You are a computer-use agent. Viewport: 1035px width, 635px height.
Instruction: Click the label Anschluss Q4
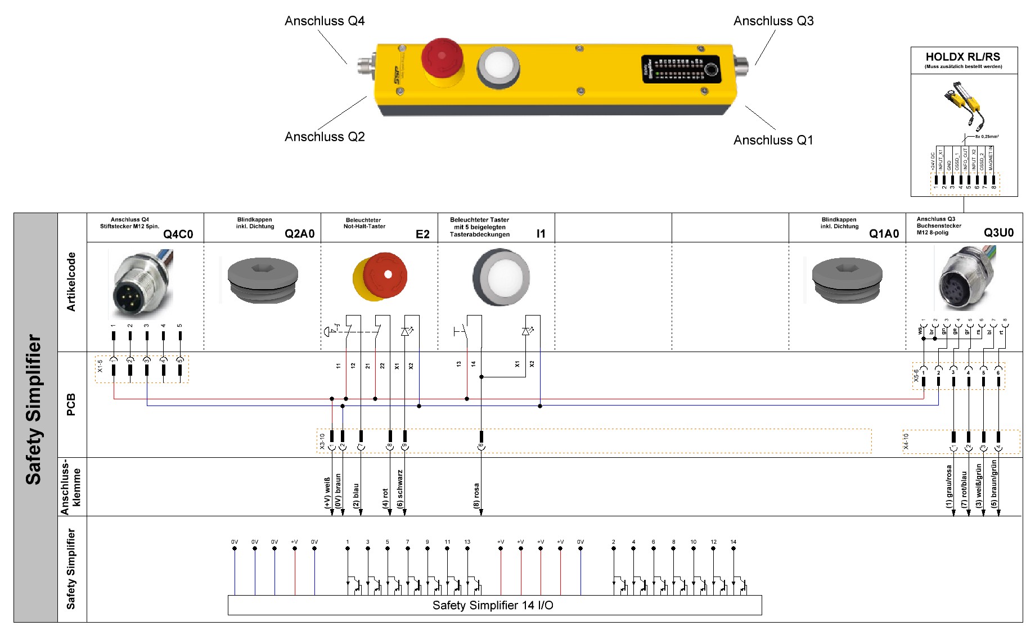click(325, 21)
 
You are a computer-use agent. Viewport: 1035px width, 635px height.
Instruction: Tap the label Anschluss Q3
click(773, 21)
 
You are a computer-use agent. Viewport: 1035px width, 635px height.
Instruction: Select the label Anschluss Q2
click(325, 137)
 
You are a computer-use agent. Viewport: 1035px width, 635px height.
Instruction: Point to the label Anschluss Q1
click(773, 140)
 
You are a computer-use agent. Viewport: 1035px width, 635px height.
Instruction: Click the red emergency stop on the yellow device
click(442, 58)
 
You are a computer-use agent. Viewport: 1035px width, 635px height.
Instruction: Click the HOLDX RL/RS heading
click(963, 57)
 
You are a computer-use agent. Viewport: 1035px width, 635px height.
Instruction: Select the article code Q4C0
click(178, 234)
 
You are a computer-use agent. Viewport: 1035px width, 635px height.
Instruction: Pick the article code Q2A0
click(299, 234)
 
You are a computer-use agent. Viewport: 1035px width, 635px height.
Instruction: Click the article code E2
click(422, 234)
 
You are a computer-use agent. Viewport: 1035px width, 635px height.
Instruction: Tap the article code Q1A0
click(884, 234)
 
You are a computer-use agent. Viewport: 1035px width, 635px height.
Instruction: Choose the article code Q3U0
click(998, 233)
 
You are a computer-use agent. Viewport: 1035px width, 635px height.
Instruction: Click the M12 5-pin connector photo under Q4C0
click(141, 285)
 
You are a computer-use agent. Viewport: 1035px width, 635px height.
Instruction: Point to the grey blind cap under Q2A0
click(263, 280)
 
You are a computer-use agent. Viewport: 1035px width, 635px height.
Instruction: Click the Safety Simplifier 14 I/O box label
click(493, 605)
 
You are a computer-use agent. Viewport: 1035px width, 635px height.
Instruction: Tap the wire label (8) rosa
click(476, 495)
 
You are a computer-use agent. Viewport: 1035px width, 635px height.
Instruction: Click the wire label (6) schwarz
click(400, 489)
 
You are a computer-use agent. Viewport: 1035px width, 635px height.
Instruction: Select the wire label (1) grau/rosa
click(949, 486)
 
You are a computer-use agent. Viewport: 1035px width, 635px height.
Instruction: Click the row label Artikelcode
click(71, 282)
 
